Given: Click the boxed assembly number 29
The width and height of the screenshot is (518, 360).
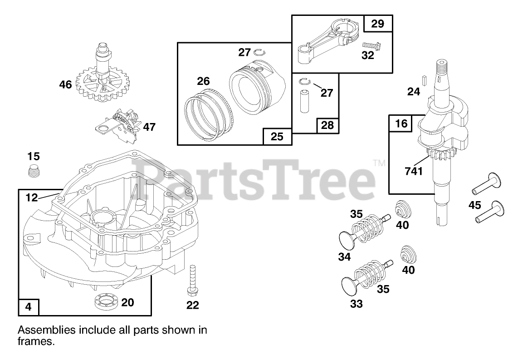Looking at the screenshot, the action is pyautogui.click(x=377, y=24).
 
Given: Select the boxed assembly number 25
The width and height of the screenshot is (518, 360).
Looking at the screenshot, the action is pyautogui.click(x=277, y=136).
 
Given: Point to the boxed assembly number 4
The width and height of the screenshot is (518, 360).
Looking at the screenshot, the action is pyautogui.click(x=29, y=306).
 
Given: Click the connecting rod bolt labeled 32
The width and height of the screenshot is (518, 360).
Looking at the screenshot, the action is pyautogui.click(x=371, y=45).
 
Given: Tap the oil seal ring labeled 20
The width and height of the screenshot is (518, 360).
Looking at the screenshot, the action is pyautogui.click(x=107, y=301).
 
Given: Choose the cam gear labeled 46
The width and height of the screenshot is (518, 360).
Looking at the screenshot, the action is pyautogui.click(x=102, y=82).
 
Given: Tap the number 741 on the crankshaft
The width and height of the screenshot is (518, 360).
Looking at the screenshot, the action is pyautogui.click(x=413, y=171).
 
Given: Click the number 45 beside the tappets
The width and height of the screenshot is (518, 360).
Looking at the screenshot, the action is pyautogui.click(x=474, y=205).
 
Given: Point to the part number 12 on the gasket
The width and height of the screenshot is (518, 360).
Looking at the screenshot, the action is pyautogui.click(x=32, y=197).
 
